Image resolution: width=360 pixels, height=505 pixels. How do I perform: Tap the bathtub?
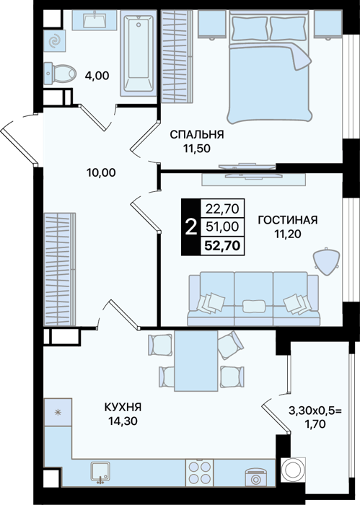(139, 53)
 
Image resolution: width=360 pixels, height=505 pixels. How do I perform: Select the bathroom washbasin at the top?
(95, 20)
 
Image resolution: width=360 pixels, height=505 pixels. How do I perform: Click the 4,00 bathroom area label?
(97, 76)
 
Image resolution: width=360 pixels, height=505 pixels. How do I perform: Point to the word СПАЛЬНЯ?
(197, 134)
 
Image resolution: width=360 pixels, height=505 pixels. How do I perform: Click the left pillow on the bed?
(249, 28)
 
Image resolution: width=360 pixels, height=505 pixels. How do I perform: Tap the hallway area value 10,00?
(101, 173)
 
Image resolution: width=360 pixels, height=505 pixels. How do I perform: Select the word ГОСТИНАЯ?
(288, 220)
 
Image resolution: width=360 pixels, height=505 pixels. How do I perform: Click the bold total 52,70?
(222, 246)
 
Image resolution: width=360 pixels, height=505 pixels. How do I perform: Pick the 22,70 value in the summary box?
(222, 209)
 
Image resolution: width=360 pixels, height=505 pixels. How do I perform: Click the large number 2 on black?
(191, 227)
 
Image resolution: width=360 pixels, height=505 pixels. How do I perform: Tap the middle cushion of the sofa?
(254, 306)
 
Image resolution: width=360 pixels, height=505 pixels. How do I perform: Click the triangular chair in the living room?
(327, 261)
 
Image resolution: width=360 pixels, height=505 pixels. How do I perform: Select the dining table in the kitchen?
(196, 361)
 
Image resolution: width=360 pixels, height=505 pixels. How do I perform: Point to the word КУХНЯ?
(123, 407)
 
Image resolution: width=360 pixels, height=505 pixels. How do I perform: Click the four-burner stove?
(200, 473)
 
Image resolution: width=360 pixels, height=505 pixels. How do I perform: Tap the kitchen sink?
(101, 473)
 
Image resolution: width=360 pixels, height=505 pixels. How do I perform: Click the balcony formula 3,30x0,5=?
(315, 410)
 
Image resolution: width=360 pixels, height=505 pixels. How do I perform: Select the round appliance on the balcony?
(294, 469)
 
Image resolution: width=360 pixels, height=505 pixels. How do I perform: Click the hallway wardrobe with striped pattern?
(60, 269)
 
